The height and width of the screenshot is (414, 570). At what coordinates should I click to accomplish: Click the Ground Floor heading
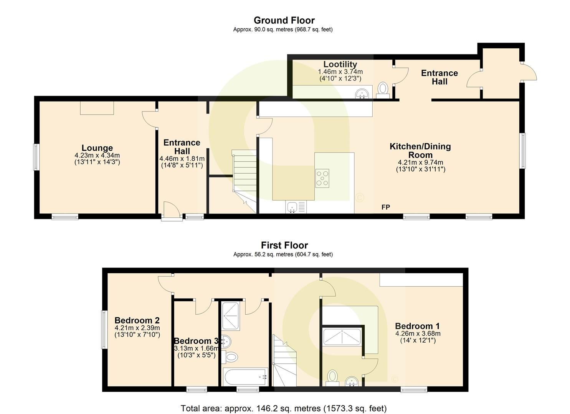coord(284,20)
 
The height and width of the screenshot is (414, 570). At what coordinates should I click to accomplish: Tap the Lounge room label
coord(97,148)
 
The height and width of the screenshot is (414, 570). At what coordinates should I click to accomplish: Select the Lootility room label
coord(340,64)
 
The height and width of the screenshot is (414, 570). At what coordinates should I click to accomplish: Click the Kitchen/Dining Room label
coord(420,150)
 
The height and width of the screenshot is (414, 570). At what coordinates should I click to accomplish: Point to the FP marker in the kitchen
coord(386,207)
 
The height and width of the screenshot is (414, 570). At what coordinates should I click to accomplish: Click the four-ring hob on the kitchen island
coord(322,178)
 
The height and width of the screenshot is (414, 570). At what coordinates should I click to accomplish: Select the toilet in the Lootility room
coord(383,89)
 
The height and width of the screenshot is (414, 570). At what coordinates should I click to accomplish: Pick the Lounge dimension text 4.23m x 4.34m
coord(97,156)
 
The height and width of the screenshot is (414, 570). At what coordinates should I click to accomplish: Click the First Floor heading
coord(284,245)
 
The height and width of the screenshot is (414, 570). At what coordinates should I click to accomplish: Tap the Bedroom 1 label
coord(418,326)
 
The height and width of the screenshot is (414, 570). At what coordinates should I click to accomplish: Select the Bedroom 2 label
coord(137,320)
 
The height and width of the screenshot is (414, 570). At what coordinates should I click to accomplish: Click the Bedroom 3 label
coord(196,341)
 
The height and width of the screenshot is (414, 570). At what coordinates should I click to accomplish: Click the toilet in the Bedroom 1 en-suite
coord(332,376)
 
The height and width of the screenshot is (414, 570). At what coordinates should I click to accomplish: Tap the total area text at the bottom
coord(284,408)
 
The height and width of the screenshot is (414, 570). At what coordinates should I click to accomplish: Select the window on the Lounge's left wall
coord(36,156)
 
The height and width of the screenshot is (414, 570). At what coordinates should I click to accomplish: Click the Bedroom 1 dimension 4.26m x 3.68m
coord(418,333)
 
